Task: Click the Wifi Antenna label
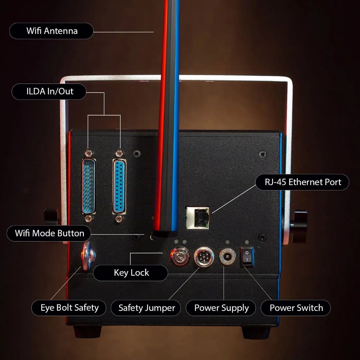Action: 51,31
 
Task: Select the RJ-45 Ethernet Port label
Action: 302,182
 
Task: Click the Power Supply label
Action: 221,308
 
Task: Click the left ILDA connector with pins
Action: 89,186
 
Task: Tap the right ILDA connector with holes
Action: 119,186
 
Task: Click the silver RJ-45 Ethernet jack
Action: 197,218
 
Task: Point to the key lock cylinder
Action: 180,256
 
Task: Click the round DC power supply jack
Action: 227,257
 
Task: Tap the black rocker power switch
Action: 247,257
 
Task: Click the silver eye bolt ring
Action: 88,256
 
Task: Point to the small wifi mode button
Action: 152,237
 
